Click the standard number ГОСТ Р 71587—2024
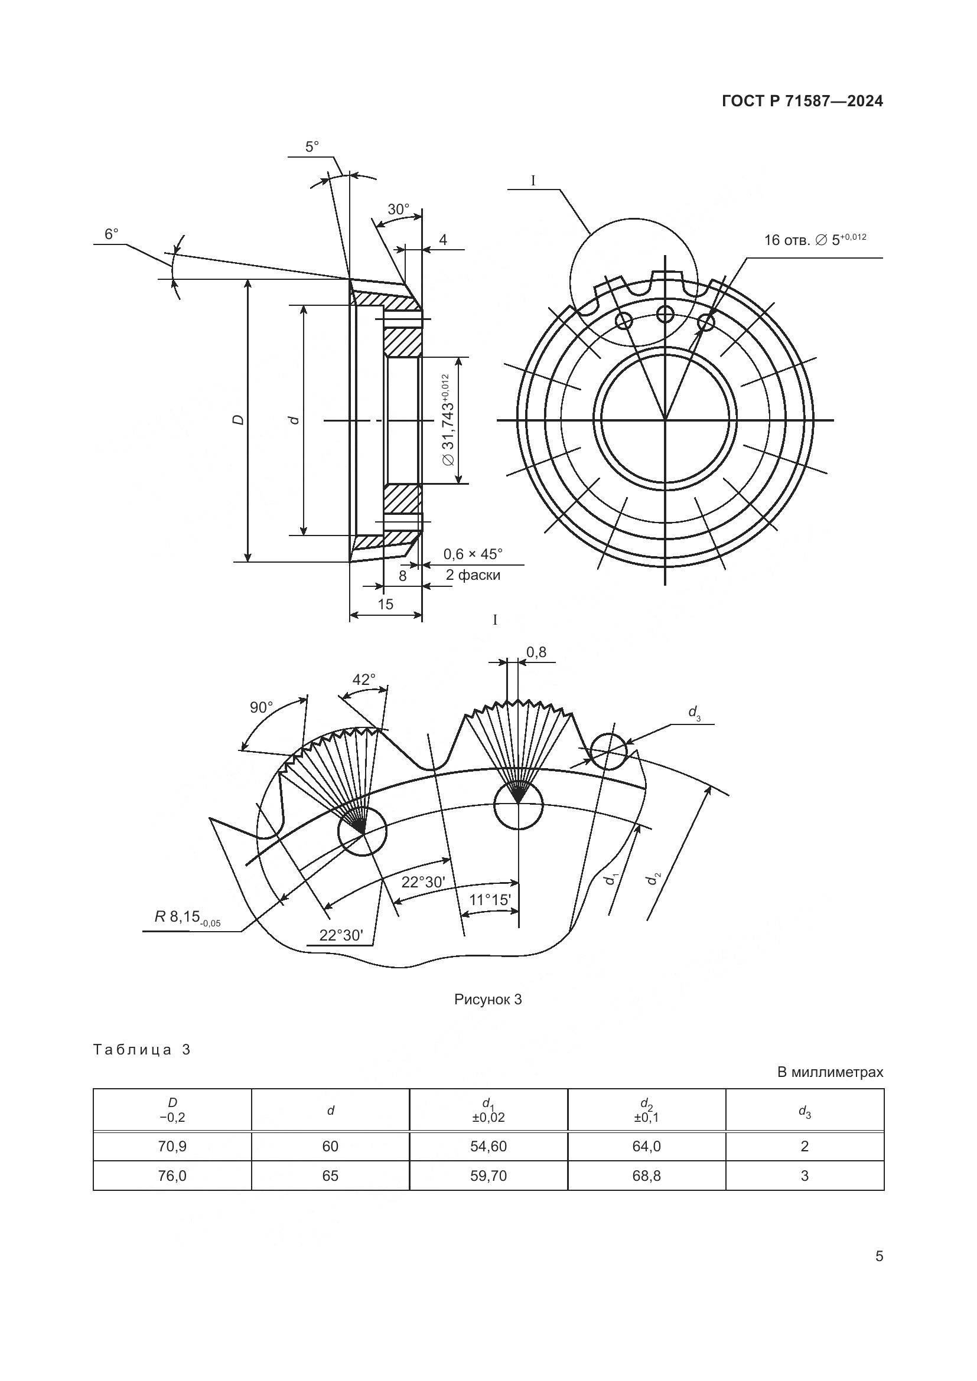802,101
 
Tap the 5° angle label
312,147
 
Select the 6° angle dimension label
111,234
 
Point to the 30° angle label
398,210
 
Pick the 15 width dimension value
385,604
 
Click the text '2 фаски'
473,575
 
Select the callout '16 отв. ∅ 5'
815,240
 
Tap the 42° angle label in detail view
363,680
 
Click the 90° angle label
261,707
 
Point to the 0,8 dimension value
536,652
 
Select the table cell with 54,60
488,1147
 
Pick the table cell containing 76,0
172,1176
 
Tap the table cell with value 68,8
646,1176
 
